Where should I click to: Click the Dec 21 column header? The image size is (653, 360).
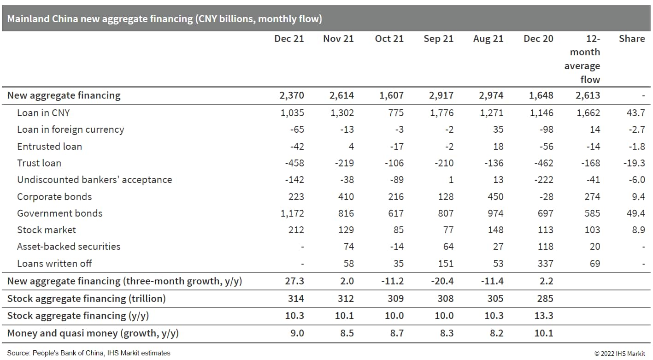(x=289, y=39)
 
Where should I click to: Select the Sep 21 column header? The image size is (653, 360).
(x=438, y=39)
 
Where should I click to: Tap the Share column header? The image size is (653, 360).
(x=631, y=39)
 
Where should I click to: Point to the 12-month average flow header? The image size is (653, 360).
(x=582, y=59)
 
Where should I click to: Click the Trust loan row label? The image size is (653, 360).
(x=39, y=163)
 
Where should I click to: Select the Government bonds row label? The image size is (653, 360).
(x=59, y=213)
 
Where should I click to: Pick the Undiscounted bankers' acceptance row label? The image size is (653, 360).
(x=94, y=180)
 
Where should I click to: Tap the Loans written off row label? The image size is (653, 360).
(x=54, y=264)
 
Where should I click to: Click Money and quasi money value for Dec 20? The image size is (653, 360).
(x=544, y=333)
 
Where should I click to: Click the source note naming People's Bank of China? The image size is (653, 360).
(x=88, y=353)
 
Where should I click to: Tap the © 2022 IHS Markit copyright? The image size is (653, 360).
(x=621, y=354)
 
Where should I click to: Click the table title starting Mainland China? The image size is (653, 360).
(x=165, y=19)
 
